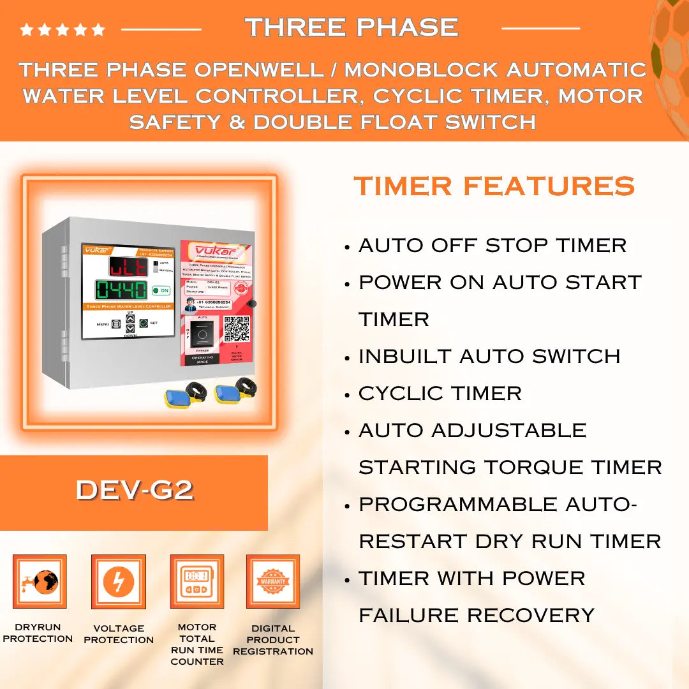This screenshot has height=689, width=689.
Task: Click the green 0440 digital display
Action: (x=122, y=290)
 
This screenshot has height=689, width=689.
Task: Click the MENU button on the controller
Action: (x=116, y=323)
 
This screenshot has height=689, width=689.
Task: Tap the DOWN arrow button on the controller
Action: (x=130, y=328)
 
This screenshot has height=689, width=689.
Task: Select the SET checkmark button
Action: (x=144, y=323)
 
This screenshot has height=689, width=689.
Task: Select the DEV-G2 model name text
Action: (x=135, y=490)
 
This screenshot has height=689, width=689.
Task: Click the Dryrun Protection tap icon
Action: (x=40, y=581)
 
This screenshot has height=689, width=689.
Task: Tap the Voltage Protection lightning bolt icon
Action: (x=119, y=581)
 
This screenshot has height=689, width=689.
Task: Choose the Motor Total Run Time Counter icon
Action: (x=196, y=581)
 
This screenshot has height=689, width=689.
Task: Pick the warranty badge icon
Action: (x=273, y=581)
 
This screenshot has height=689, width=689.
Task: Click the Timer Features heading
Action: (x=494, y=186)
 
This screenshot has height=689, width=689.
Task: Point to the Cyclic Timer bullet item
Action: (x=440, y=394)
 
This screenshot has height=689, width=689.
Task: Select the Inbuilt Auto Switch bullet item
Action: (x=489, y=357)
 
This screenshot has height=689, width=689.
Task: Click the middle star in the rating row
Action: (x=62, y=29)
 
